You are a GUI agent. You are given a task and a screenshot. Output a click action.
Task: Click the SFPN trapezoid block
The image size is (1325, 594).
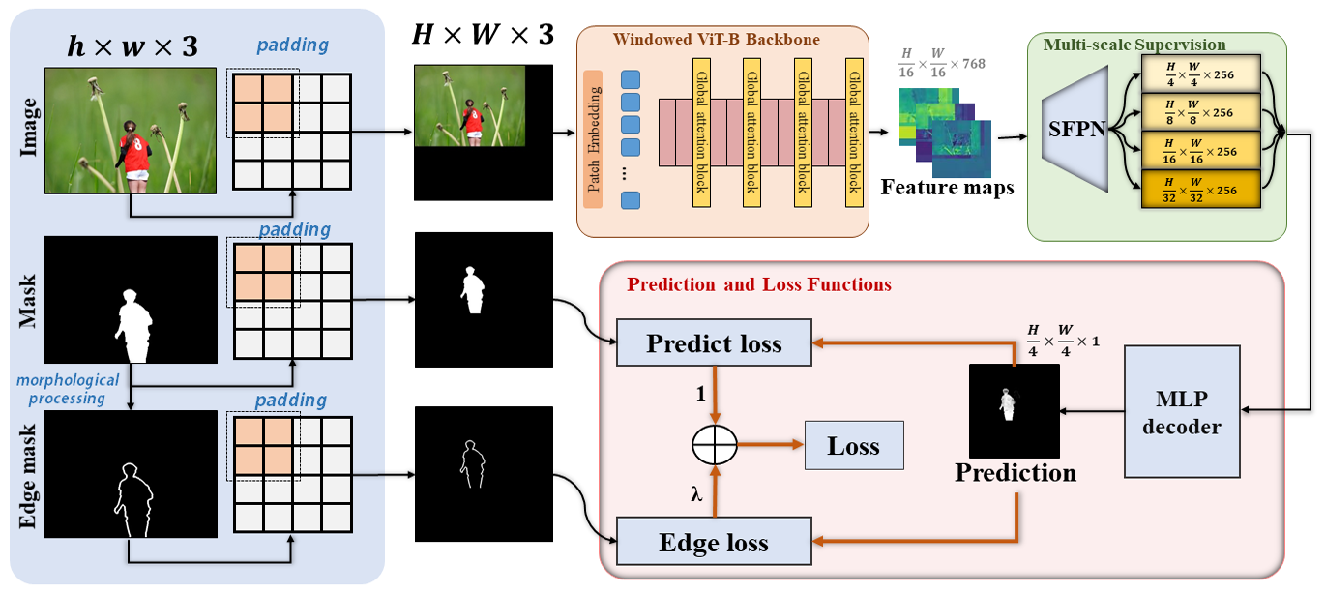[1077, 132]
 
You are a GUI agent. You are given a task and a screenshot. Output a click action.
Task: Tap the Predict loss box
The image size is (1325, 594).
[714, 343]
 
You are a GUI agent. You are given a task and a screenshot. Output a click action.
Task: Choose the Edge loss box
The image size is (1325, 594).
[714, 542]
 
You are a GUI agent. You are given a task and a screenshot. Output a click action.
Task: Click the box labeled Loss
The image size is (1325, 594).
[853, 446]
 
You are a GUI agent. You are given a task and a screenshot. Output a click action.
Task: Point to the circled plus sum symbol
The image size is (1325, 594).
[715, 446]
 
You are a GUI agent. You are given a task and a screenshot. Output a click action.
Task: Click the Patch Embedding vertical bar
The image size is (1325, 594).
[594, 140]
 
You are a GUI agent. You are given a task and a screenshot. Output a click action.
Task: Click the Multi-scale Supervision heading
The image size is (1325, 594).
[1134, 45]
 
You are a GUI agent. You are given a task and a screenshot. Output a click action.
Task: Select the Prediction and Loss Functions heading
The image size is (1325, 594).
[759, 284]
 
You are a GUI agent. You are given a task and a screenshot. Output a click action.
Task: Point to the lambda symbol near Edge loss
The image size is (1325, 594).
[695, 493]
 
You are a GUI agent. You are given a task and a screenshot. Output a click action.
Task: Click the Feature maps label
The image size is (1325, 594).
[947, 188]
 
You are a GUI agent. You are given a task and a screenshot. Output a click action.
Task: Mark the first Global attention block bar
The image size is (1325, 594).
[701, 132]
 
